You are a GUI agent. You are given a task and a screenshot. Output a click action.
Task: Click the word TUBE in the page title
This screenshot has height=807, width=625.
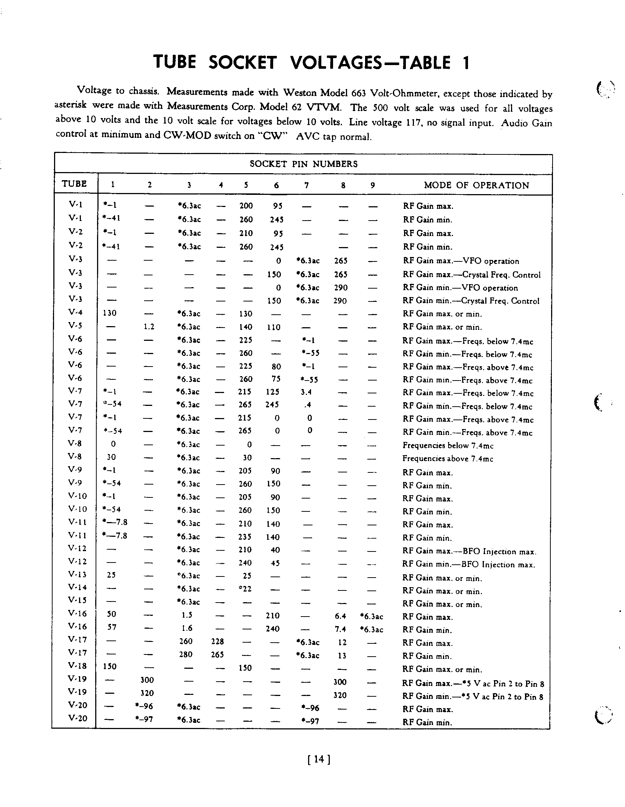tap(175, 62)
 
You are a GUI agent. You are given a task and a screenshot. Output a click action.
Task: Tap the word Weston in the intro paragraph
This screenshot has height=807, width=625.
tap(300, 92)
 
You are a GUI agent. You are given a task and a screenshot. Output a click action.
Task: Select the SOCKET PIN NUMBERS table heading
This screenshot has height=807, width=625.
tap(303, 164)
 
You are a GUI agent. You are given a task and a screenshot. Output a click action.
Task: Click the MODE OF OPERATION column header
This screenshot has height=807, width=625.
tap(476, 185)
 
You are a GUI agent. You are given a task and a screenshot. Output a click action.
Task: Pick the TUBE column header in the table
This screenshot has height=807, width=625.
tap(74, 184)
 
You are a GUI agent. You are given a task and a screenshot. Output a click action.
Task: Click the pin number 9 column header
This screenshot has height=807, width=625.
tap(372, 185)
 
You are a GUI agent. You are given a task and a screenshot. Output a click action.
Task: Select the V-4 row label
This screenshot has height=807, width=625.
tap(75, 312)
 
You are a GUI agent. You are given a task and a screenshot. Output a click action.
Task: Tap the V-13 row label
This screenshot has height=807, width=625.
tap(77, 574)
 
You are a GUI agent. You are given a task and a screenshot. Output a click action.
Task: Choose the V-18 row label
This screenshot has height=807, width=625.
tap(77, 665)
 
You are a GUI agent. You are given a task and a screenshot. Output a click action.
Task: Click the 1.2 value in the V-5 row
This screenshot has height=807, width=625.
tap(149, 327)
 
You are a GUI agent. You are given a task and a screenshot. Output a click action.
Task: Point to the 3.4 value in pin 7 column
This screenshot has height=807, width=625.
tap(306, 392)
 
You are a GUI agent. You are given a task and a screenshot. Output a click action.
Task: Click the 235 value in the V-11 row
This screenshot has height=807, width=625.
tap(245, 536)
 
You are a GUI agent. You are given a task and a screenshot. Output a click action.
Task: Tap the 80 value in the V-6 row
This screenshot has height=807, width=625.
tap(276, 367)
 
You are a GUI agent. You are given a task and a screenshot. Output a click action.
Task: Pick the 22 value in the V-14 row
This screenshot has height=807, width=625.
tap(246, 589)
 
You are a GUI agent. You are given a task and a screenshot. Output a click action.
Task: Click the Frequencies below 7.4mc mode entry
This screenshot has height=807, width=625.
tap(447, 445)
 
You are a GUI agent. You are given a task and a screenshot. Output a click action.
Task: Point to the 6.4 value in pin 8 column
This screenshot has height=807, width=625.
tap(340, 616)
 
